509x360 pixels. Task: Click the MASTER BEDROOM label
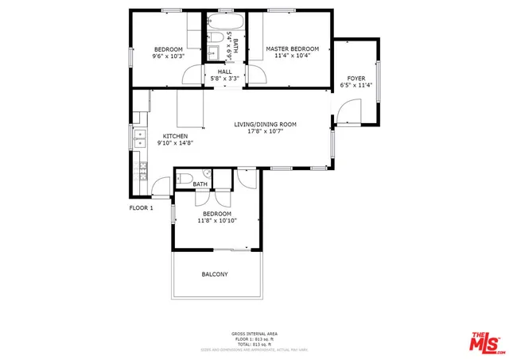coord(287,49)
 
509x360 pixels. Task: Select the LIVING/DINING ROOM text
coord(265,125)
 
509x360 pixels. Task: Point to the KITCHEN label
coord(175,136)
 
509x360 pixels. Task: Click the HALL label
coord(224,72)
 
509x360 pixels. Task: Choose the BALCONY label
coord(214,275)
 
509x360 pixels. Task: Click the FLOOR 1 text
coord(142,207)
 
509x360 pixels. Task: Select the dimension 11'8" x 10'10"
coord(217,221)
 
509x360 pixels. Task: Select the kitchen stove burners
coord(143,168)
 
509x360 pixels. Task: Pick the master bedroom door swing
coord(256,74)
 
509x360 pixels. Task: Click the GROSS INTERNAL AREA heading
coord(254,333)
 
